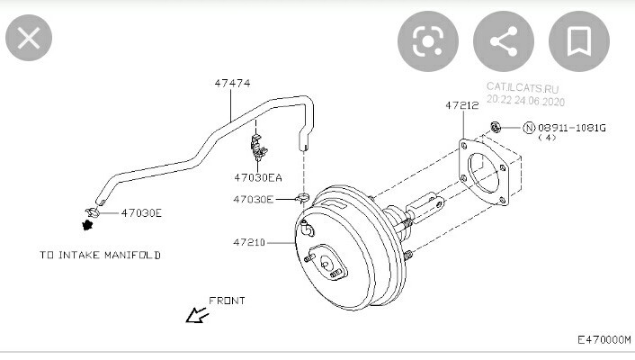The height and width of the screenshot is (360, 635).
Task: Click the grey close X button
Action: coord(29,38)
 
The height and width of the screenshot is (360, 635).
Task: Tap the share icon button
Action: coord(504,41)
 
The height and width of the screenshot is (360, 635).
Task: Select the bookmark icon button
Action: coord(578,41)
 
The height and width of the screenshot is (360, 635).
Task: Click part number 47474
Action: coord(232,83)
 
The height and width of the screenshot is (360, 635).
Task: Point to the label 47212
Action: coord(462,105)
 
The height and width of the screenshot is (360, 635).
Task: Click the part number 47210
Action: coord(249,242)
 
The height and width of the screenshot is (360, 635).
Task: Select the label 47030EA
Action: coord(258,177)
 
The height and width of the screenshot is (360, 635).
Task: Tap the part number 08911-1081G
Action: coord(572,128)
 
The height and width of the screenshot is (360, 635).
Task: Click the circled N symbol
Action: coord(529,128)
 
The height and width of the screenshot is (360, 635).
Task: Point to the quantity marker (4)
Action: coord(547,138)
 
